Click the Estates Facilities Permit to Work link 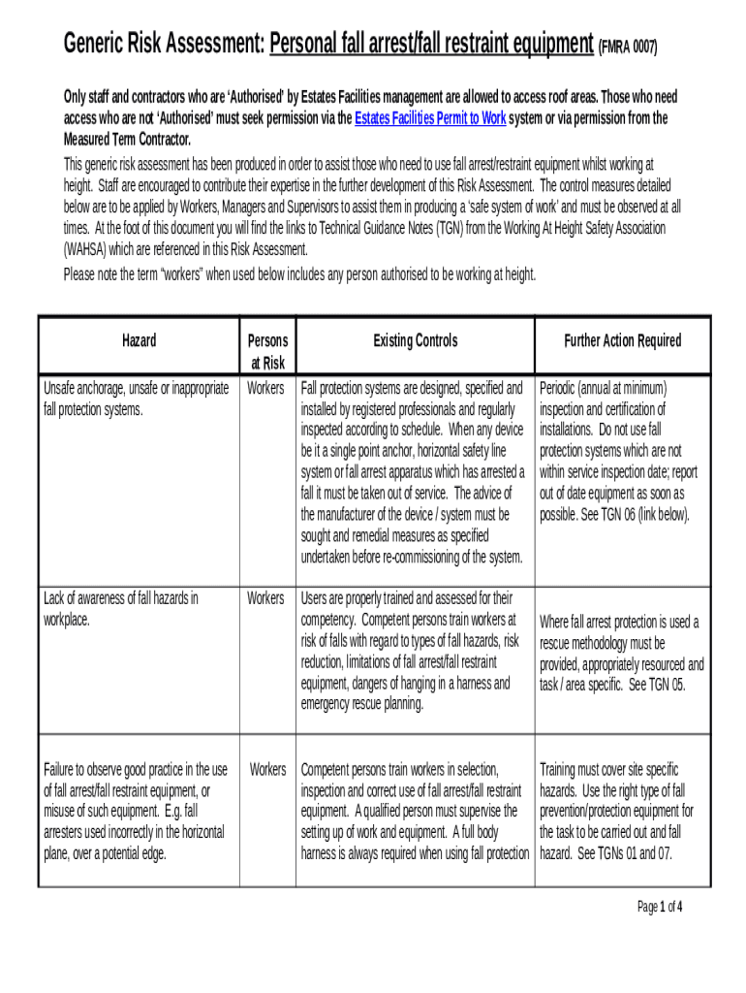pyautogui.click(x=430, y=118)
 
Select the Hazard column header pyautogui.click(x=139, y=340)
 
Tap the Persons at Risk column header pyautogui.click(x=266, y=351)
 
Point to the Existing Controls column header pyautogui.click(x=415, y=340)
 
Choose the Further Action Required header pyautogui.click(x=622, y=340)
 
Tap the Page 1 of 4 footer pyautogui.click(x=659, y=907)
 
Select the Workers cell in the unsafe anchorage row pyautogui.click(x=265, y=388)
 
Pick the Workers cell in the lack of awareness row pyautogui.click(x=265, y=598)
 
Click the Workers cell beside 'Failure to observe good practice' pyautogui.click(x=267, y=769)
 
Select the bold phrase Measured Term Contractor pyautogui.click(x=127, y=139)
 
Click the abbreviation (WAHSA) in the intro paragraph pyautogui.click(x=91, y=248)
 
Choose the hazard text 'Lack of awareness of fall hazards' pyautogui.click(x=121, y=598)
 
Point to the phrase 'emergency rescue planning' pyautogui.click(x=362, y=705)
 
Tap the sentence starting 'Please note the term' pyautogui.click(x=299, y=274)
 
